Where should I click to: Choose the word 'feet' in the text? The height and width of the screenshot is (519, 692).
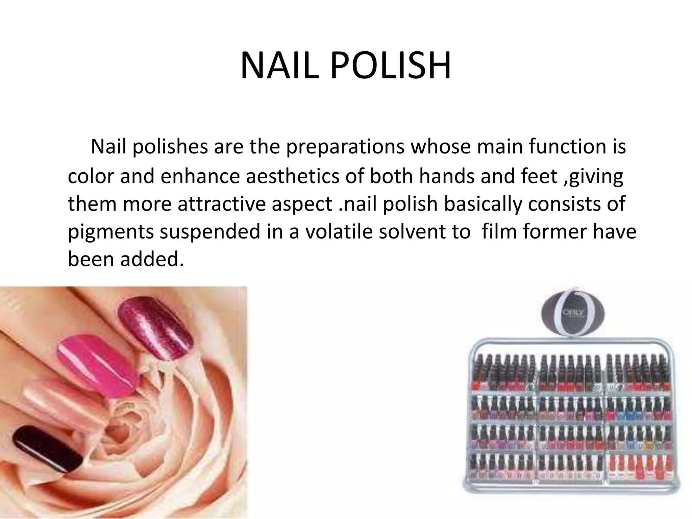pyautogui.click(x=539, y=176)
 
